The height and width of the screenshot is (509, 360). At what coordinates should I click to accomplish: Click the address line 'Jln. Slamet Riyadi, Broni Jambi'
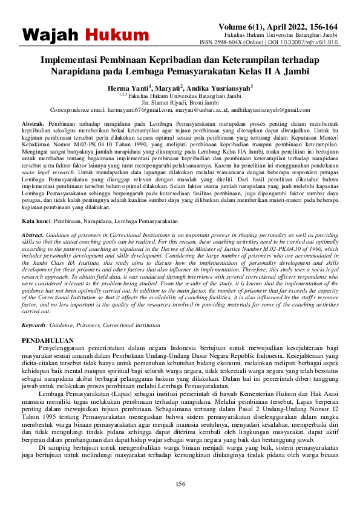point(180,103)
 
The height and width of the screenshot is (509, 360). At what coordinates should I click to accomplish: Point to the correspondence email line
point(180,110)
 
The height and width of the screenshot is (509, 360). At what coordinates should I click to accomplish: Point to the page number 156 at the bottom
point(180,483)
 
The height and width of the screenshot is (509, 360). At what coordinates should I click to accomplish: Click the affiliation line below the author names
point(180,97)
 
